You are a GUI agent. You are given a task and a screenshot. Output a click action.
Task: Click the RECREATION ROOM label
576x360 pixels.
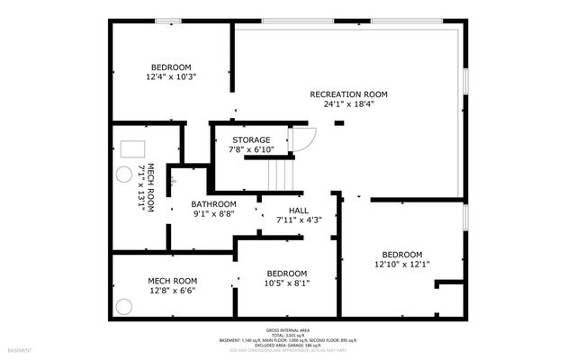348,94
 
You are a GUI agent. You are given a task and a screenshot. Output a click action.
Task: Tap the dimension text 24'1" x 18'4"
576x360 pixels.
348,103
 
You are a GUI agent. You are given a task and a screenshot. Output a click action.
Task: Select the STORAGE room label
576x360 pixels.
251,139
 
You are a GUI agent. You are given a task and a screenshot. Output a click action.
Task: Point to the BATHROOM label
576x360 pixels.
213,203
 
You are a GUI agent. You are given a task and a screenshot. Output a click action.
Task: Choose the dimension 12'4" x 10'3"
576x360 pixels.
171,77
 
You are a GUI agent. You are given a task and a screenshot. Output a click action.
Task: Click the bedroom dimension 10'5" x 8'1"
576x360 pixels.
288,283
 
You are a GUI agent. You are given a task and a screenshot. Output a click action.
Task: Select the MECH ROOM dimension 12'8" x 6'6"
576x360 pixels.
172,291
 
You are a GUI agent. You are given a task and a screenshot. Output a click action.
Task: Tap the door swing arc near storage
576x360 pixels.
304,139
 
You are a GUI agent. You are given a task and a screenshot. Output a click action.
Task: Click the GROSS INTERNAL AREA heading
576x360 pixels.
288,330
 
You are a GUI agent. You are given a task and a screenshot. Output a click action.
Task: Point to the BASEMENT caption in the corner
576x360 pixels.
20,350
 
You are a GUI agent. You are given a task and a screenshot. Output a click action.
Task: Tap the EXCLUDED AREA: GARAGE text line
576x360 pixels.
288,346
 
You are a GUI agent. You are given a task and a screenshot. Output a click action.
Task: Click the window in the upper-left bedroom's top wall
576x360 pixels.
167,22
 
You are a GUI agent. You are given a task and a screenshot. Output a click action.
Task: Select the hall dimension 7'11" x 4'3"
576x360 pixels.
299,219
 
